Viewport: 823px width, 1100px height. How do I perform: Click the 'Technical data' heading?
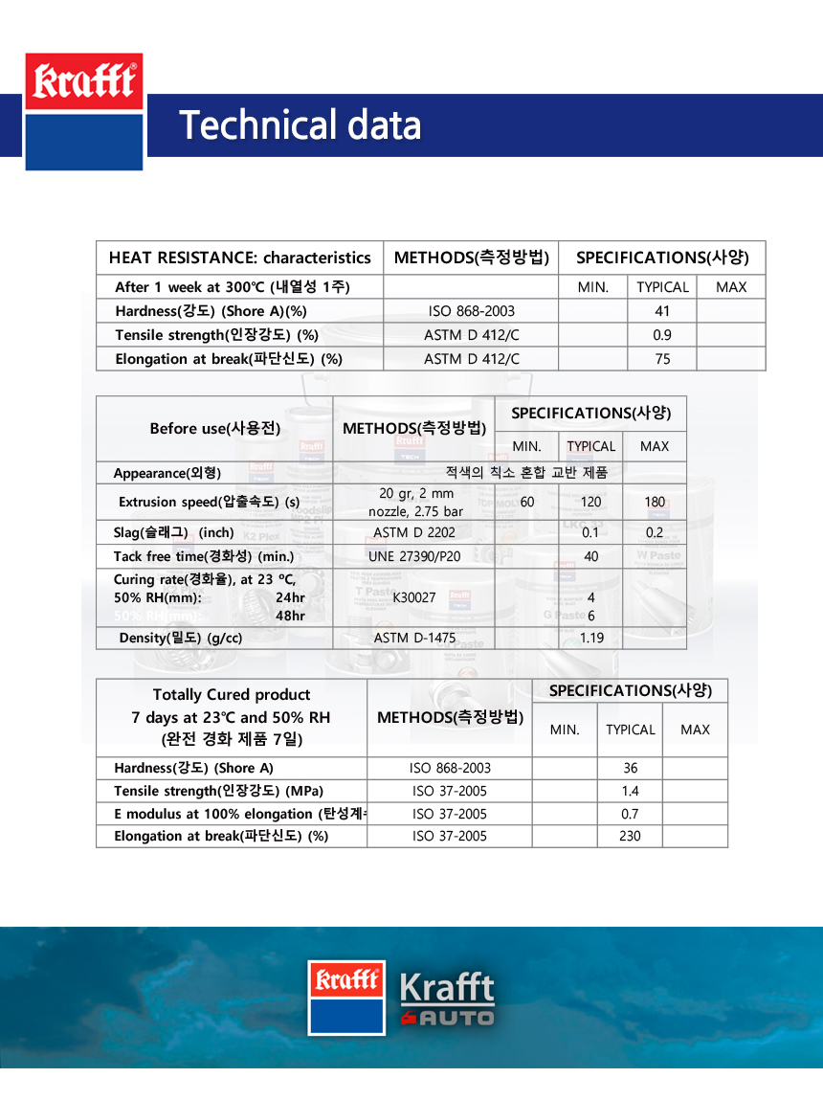(x=300, y=125)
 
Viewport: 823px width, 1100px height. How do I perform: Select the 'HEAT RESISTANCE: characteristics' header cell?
(x=239, y=258)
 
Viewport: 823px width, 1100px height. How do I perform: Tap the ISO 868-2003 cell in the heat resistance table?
(x=471, y=311)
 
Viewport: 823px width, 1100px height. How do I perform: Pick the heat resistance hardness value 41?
(x=662, y=311)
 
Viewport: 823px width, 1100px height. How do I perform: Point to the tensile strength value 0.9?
(x=662, y=335)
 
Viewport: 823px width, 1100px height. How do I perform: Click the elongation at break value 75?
(x=662, y=359)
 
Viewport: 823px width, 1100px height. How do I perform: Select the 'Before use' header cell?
(x=214, y=428)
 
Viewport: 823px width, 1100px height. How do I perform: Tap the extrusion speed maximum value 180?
(x=655, y=502)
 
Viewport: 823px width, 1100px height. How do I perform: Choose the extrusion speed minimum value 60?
(x=527, y=502)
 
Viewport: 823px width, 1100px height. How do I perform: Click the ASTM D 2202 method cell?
(x=414, y=532)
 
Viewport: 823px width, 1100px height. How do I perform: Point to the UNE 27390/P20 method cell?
(x=414, y=556)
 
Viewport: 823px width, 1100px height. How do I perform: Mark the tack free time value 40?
(x=591, y=556)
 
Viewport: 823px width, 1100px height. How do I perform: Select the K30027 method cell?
(x=414, y=597)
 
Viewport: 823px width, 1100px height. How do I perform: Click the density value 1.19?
(x=591, y=638)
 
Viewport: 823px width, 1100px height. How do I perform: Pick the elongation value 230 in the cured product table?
(x=630, y=836)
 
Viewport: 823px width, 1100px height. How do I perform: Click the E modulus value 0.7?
(x=630, y=814)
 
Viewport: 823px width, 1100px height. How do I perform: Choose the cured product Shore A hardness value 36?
(x=630, y=768)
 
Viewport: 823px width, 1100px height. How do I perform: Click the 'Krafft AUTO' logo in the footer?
(x=446, y=999)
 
